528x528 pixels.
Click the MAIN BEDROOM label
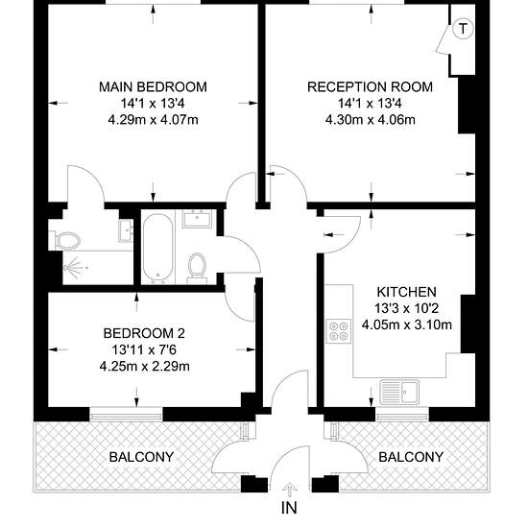[153, 86]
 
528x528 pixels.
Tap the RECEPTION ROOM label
[370, 86]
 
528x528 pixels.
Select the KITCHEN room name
[407, 292]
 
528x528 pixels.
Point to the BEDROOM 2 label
[144, 333]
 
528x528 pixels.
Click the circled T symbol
[463, 29]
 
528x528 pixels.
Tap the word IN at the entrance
[289, 508]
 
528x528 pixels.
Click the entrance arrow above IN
[289, 491]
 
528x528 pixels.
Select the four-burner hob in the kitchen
[339, 331]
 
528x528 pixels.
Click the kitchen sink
[399, 392]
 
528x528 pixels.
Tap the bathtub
[158, 249]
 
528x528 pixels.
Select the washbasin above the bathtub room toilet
[198, 219]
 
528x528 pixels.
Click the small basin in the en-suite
[126, 230]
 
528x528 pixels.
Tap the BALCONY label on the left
[141, 457]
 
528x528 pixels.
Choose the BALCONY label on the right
[411, 457]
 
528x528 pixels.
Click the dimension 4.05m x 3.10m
[407, 324]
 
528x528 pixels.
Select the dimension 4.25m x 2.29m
[144, 366]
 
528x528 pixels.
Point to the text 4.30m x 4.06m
[370, 120]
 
